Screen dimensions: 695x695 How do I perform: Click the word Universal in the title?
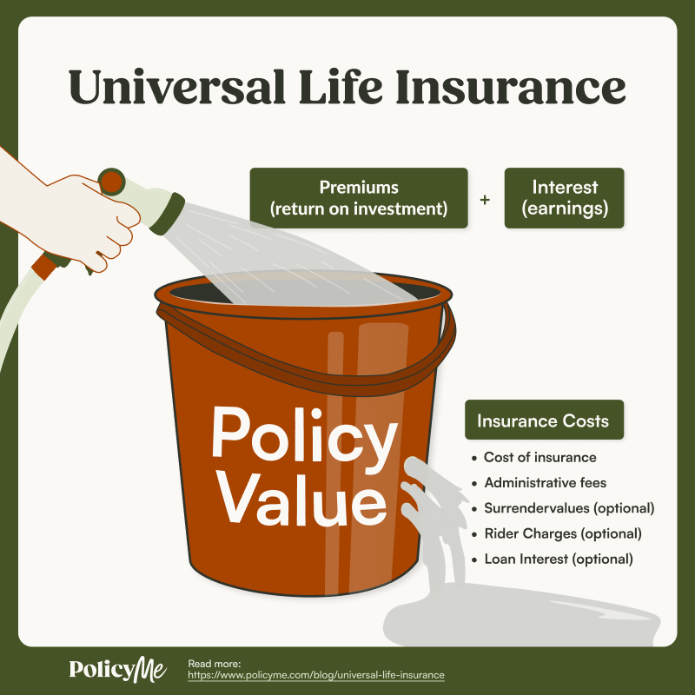click(171, 87)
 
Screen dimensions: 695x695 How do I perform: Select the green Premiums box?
click(359, 198)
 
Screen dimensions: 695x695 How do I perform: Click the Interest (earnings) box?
click(565, 198)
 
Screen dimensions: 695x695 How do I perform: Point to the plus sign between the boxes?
click(485, 199)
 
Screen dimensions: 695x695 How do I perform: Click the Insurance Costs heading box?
click(543, 421)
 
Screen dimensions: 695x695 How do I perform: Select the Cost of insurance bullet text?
click(539, 457)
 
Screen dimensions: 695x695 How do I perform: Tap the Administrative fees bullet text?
click(545, 482)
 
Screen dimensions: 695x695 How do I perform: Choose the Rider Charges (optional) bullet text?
click(562, 533)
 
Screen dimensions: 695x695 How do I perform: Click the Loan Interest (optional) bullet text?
click(559, 559)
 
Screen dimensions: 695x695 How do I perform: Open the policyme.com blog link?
click(316, 675)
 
